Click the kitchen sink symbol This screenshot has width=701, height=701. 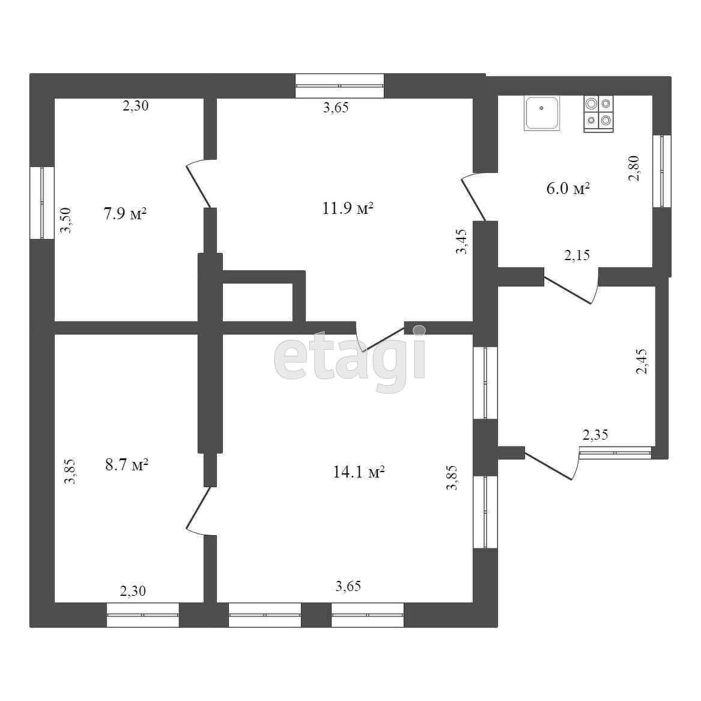point(542,112)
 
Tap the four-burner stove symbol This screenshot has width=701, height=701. point(598,114)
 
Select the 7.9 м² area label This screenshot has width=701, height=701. point(125,214)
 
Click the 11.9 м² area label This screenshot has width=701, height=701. point(348,209)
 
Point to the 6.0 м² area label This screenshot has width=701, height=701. point(568,189)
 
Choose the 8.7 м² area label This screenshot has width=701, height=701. point(127,465)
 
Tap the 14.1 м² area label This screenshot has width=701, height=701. point(359,472)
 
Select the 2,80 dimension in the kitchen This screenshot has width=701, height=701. point(634,169)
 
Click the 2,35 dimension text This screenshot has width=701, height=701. point(595,435)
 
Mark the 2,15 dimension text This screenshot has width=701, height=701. point(577,255)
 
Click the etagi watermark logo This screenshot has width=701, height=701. point(350,359)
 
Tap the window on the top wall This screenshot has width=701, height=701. point(339,85)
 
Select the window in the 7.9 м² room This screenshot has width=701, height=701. point(42,202)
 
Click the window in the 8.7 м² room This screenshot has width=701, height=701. point(143,615)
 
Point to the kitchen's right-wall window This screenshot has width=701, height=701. point(662,171)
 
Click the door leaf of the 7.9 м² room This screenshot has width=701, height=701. point(198,185)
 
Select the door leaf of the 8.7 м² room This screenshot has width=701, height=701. point(198,509)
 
